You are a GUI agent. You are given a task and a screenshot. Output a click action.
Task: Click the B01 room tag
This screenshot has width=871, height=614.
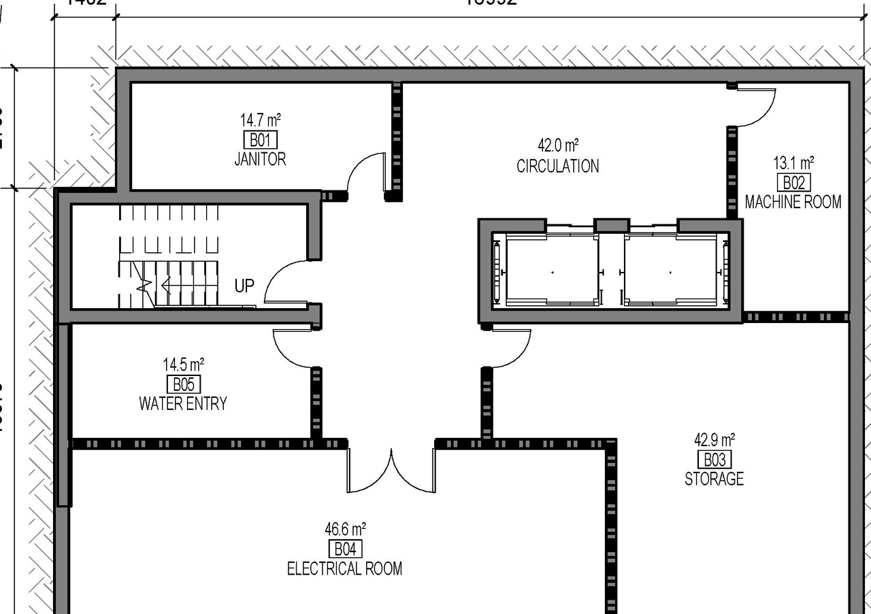click(x=260, y=140)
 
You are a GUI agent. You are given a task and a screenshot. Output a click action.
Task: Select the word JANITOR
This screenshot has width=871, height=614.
click(x=260, y=159)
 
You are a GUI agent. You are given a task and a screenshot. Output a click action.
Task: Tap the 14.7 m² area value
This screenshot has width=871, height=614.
click(x=260, y=120)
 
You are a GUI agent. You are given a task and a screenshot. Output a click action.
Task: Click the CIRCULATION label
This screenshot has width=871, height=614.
click(x=557, y=166)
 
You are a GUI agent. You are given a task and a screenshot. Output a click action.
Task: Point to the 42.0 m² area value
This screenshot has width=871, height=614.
click(x=557, y=145)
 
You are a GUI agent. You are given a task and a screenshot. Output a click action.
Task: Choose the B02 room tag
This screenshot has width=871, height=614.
click(x=793, y=182)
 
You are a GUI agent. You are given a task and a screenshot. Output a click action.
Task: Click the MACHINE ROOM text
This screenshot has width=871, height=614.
click(x=793, y=202)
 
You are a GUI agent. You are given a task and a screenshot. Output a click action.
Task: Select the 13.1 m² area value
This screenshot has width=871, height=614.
click(x=793, y=163)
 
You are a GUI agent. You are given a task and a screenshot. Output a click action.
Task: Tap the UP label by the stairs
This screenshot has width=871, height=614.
click(x=244, y=286)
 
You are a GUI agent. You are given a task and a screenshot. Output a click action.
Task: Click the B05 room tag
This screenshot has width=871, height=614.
click(x=183, y=383)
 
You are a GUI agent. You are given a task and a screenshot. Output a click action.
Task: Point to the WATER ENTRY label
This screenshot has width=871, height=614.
click(x=183, y=403)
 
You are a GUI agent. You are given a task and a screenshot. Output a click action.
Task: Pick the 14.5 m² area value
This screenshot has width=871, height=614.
click(x=183, y=364)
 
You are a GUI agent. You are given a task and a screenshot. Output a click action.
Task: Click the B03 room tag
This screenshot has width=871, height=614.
click(x=714, y=459)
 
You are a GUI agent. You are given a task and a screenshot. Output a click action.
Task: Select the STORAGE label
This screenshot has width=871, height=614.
click(x=714, y=479)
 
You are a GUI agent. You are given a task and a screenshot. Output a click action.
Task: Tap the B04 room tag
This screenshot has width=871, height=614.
click(x=345, y=549)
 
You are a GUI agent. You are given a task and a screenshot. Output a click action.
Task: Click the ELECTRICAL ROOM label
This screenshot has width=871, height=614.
click(x=344, y=568)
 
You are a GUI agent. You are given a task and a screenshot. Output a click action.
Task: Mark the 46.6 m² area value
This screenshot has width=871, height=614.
click(x=345, y=528)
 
